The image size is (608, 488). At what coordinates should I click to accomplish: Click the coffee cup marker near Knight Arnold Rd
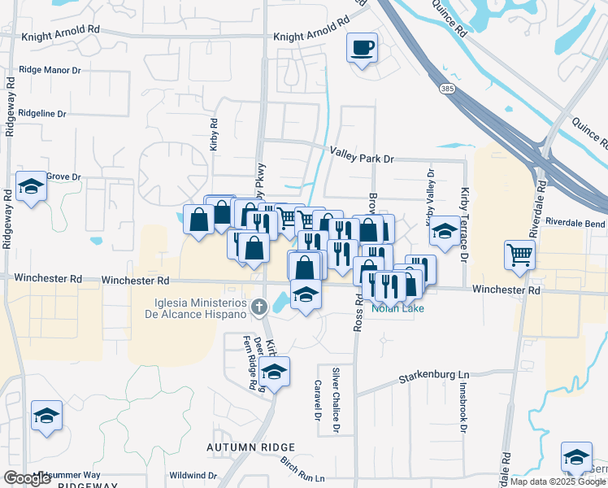point(362,47)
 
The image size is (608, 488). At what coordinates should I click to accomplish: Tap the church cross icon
point(258,307)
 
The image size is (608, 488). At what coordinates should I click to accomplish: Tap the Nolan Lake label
point(393,308)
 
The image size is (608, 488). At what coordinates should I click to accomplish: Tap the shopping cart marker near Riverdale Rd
point(519,255)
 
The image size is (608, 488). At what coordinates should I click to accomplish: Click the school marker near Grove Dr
point(31,187)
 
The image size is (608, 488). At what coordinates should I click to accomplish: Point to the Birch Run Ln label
point(302,469)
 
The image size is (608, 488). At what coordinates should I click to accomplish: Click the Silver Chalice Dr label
point(335,399)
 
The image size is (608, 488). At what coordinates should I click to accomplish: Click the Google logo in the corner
point(27,478)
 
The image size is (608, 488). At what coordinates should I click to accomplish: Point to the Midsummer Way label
point(70,475)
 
